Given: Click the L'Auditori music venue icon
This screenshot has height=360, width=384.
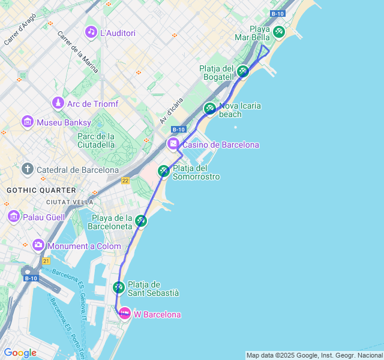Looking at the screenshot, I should pos(91,31).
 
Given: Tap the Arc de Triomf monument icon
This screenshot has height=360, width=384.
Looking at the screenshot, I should pos(58,104).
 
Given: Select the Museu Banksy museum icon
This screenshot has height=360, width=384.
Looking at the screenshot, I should pos(27,122).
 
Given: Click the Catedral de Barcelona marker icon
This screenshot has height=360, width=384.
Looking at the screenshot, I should pos(27,169).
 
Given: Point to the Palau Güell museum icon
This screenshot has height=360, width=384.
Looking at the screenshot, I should pos(14,216).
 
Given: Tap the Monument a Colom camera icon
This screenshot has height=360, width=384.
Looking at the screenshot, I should pos(38,245).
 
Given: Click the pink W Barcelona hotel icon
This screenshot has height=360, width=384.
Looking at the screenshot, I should pos(124,313).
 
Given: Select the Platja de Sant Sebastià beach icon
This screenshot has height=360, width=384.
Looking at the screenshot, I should pos(118,288).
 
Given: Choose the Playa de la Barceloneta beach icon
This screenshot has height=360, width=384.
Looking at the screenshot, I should pos(140,221).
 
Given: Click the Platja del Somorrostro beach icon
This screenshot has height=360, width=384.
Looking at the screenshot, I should pos(163,172).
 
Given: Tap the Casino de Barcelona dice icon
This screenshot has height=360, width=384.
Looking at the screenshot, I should pos(173,144).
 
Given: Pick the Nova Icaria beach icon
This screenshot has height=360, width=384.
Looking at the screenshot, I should pos(209,109).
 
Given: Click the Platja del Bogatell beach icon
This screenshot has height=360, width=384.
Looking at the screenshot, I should pos(242,71).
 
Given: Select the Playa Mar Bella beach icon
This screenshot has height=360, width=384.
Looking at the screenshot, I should pos(278,32).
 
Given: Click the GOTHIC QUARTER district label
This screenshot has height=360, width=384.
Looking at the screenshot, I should pos(41,190).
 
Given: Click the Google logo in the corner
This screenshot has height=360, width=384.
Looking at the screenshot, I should pos(20,353).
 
